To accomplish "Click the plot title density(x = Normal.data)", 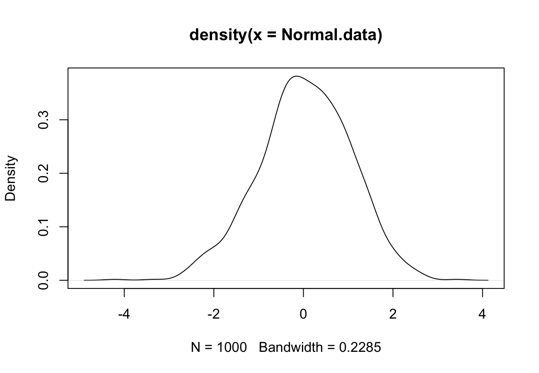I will tap(286, 35).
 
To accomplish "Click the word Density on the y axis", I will tap(11, 178).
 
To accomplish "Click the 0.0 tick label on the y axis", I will tap(43, 280).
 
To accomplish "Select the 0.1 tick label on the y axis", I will tap(43, 227).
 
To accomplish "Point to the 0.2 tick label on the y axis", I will tap(43, 173).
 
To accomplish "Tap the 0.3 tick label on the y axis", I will tap(43, 120).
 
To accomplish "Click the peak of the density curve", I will tap(296, 76).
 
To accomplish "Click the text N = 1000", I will tap(219, 347).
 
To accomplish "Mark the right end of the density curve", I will tap(488, 280).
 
